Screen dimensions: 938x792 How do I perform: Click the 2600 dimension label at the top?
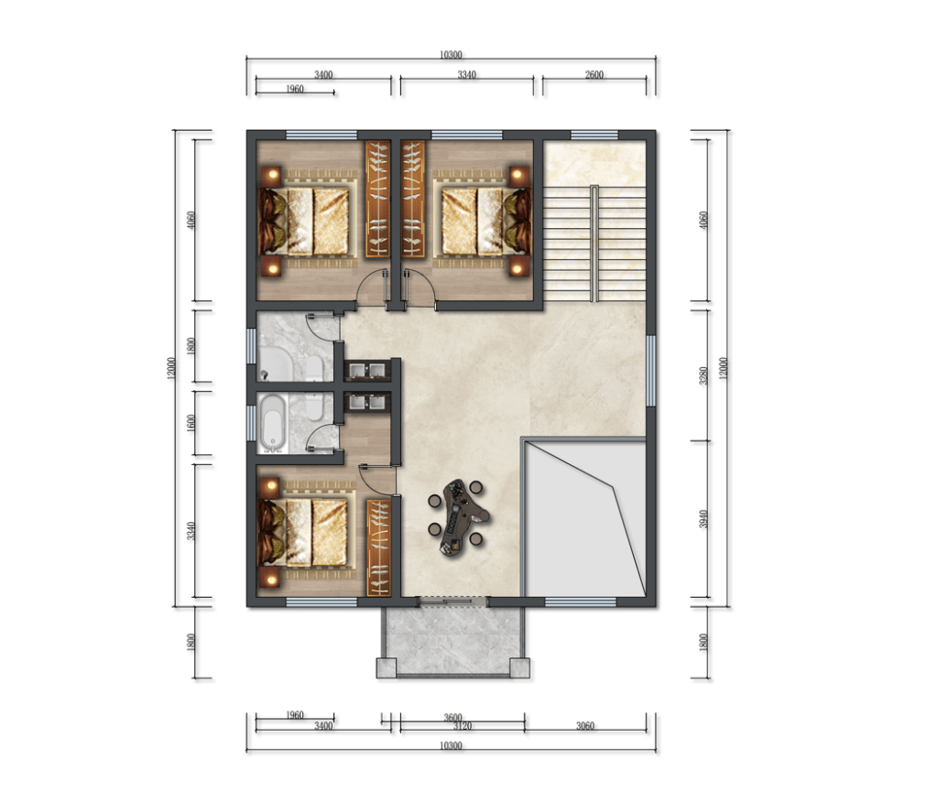pos(594,75)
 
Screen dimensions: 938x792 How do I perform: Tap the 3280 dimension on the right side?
pos(703,375)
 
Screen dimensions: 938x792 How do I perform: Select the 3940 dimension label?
pos(703,519)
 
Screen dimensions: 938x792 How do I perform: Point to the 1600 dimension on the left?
pos(191,424)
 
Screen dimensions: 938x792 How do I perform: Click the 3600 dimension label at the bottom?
pos(453,718)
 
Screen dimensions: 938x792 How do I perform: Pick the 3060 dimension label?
pos(585,726)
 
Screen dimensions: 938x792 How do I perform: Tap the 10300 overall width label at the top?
pos(451,55)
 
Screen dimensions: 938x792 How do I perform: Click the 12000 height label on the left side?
pos(171,368)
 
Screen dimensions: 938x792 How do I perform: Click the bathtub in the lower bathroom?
pos(272,423)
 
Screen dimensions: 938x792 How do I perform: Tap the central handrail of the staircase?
pos(594,244)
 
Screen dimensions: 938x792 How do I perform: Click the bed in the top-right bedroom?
pos(485,222)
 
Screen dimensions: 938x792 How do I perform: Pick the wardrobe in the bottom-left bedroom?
pos(378,548)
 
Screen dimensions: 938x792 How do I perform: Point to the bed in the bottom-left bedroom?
pos(302,531)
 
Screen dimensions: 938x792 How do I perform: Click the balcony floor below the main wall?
pos(453,639)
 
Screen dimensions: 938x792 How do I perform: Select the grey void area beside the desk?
pos(585,518)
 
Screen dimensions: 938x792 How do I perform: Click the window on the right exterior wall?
pos(651,371)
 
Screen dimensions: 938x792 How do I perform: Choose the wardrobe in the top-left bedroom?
pos(377,199)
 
